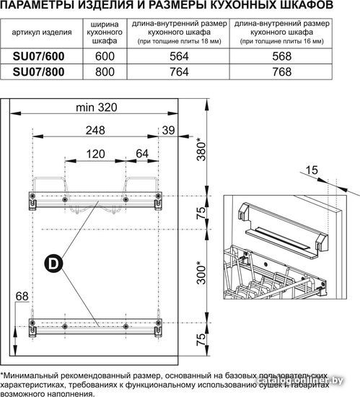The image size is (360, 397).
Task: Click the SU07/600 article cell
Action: [x=38, y=56]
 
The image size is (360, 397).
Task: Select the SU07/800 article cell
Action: [x=38, y=72]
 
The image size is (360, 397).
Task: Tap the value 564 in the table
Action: [x=179, y=56]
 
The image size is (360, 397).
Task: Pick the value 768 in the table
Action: [x=282, y=72]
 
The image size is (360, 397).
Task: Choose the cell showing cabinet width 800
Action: [x=105, y=72]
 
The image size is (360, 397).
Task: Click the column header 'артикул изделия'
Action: [x=42, y=32]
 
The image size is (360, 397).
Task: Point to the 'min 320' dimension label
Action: [x=97, y=108]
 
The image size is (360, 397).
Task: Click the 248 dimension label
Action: [x=95, y=131]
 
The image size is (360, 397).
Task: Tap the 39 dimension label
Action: [x=168, y=131]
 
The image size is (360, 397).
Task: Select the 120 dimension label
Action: [x=95, y=154]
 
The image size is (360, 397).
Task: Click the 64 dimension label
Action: [x=142, y=154]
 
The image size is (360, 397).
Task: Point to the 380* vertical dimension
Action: [x=201, y=149]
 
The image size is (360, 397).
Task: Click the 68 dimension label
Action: [x=22, y=296]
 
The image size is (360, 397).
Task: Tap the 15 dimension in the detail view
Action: [x=312, y=170]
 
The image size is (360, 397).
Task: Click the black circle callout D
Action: [x=53, y=263]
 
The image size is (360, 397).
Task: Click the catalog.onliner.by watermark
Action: [x=300, y=380]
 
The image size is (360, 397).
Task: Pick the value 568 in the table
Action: [x=282, y=56]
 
